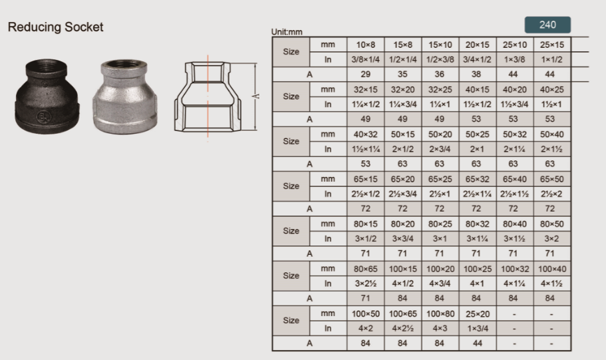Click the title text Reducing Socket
pyautogui.click(x=55, y=27)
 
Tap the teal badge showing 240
pyautogui.click(x=547, y=25)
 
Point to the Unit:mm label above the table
pyautogui.click(x=287, y=32)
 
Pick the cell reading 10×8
pyautogui.click(x=366, y=45)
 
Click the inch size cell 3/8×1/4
pyautogui.click(x=366, y=60)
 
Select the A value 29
pyautogui.click(x=366, y=75)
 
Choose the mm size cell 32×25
pyautogui.click(x=439, y=89)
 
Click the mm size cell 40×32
pyautogui.click(x=366, y=134)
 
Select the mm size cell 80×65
pyautogui.click(x=366, y=269)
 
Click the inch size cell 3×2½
pyautogui.click(x=366, y=283)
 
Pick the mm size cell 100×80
pyautogui.click(x=439, y=313)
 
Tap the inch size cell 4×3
pyautogui.click(x=439, y=328)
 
